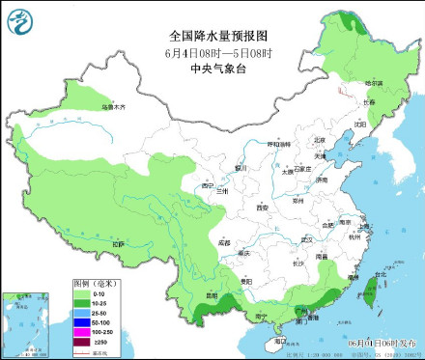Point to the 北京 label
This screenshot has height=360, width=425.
coord(320,140)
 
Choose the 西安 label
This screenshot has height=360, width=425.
coord(261,208)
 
